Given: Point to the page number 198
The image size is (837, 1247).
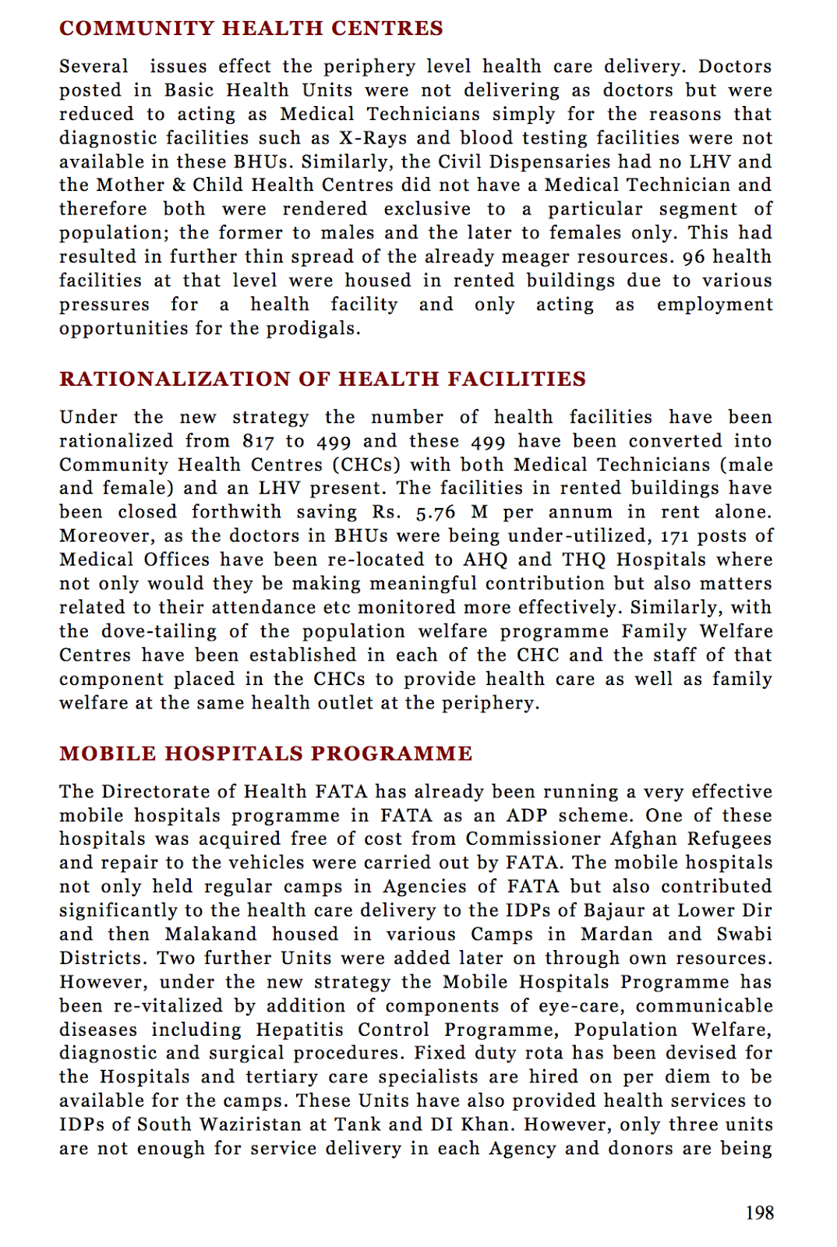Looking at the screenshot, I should pyautogui.click(x=759, y=1213).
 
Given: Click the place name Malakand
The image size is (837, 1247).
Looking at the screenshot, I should pyautogui.click(x=210, y=935).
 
